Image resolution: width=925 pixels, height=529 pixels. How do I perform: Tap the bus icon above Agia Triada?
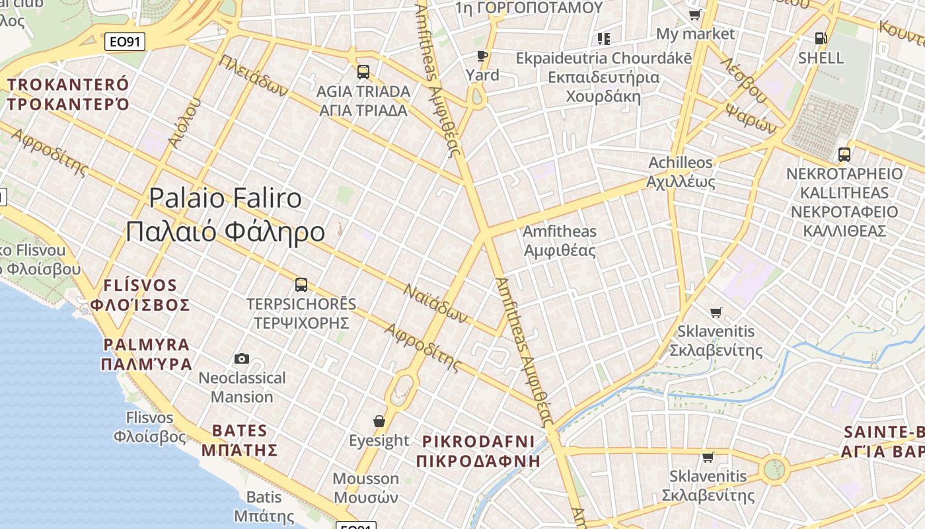363,71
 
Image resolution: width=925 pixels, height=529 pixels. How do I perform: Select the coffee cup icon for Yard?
482,56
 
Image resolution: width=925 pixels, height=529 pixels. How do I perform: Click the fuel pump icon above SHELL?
821,38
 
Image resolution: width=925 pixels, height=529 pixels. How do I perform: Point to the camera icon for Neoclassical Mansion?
242,358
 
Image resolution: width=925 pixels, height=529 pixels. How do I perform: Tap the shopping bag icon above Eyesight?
379,421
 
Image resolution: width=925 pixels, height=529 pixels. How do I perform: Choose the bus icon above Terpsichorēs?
301,285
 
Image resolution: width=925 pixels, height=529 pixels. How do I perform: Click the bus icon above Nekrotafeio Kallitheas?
844,155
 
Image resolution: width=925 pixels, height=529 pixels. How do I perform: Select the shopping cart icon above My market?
694,15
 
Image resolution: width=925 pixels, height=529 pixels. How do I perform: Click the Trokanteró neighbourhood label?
68,94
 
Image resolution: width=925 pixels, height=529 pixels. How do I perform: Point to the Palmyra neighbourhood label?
147,354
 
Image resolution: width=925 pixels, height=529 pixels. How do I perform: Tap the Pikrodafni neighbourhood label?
478,450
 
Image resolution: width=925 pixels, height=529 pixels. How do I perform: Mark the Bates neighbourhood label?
239,440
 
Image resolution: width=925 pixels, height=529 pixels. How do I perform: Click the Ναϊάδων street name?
435,304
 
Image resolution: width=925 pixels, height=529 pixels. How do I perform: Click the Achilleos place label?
681,171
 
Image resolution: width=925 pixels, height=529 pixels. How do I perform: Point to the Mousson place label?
365,487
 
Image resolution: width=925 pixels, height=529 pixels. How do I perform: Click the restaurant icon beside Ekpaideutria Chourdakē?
603,39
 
